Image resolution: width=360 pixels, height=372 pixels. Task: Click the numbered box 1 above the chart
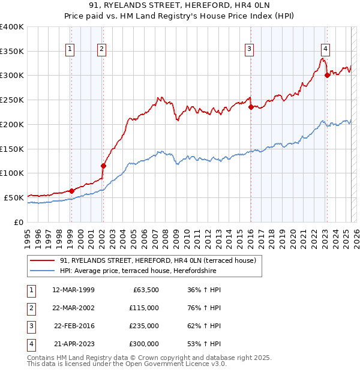pyautogui.click(x=71, y=49)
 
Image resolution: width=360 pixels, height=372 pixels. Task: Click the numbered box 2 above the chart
pyautogui.click(x=102, y=49)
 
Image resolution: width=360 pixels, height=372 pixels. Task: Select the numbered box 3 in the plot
pyautogui.click(x=249, y=49)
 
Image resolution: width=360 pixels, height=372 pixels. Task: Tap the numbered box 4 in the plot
pyautogui.click(x=325, y=49)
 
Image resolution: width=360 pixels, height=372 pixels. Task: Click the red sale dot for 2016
pyautogui.click(x=251, y=107)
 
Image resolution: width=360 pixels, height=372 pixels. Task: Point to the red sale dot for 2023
pyautogui.click(x=327, y=75)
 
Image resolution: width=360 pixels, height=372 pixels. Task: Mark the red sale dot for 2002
pyautogui.click(x=103, y=166)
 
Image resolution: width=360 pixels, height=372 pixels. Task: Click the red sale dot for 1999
pyautogui.click(x=71, y=191)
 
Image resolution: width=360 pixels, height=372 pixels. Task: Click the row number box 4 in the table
pyautogui.click(x=30, y=344)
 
